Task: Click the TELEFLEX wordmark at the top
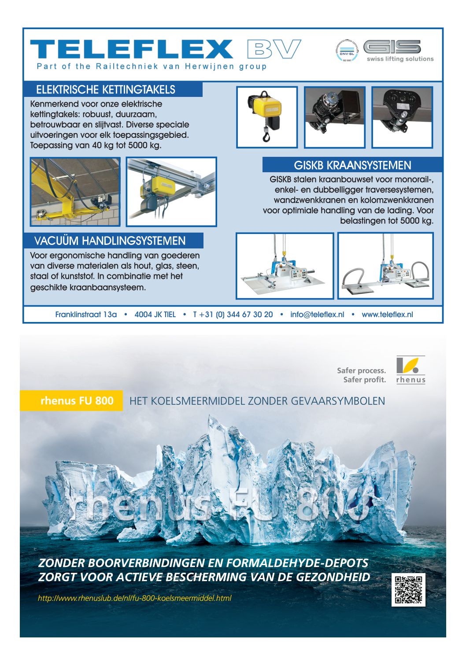pyautogui.click(x=131, y=49)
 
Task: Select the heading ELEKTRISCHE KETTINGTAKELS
pyautogui.click(x=106, y=90)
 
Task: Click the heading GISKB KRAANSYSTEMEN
pyautogui.click(x=352, y=166)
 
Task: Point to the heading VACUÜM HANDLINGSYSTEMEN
pyautogui.click(x=110, y=241)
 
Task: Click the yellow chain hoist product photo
pyautogui.click(x=267, y=117)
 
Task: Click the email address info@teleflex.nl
pyautogui.click(x=317, y=315)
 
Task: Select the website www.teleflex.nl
pyautogui.click(x=387, y=315)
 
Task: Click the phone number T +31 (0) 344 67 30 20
pyautogui.click(x=233, y=315)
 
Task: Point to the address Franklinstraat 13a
pyautogui.click(x=86, y=315)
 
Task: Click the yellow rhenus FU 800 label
pyautogui.click(x=77, y=401)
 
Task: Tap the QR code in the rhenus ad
pyautogui.click(x=408, y=590)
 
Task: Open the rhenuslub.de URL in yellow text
pyautogui.click(x=134, y=598)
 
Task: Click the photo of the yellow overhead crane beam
pyautogui.click(x=75, y=192)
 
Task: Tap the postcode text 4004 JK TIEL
pyautogui.click(x=155, y=315)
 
